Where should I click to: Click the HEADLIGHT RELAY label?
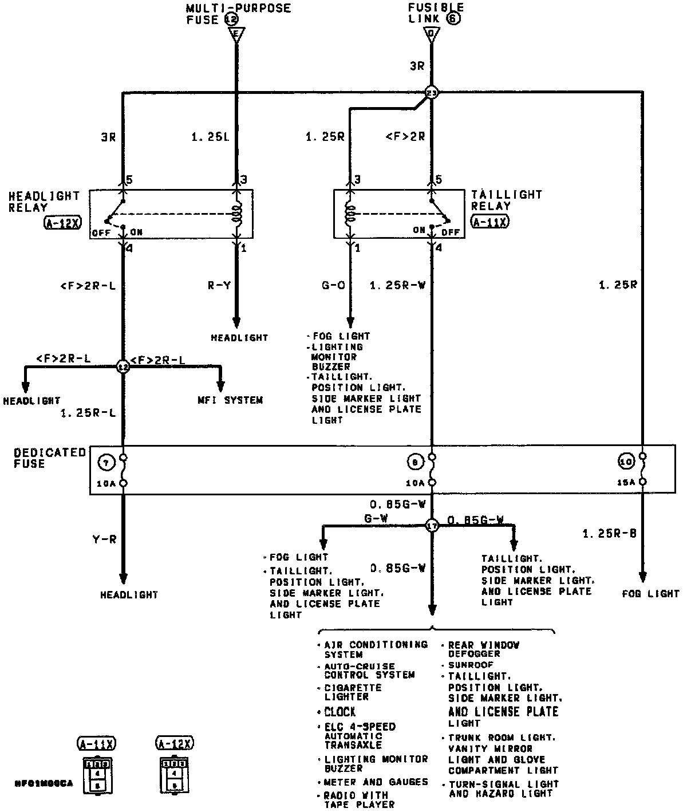click(x=44, y=202)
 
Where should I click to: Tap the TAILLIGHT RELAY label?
click(x=506, y=200)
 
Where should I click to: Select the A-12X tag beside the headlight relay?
click(x=62, y=223)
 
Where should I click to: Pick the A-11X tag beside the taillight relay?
click(x=490, y=222)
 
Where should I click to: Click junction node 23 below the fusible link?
click(x=432, y=93)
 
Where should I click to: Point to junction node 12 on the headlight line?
click(x=123, y=366)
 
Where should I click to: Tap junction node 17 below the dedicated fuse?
click(x=432, y=526)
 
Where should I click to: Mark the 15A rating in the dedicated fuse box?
click(x=626, y=483)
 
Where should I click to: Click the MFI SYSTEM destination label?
click(x=230, y=400)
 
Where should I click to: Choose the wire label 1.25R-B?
click(x=609, y=534)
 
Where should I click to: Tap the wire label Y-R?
click(x=105, y=539)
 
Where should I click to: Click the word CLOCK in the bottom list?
click(x=340, y=712)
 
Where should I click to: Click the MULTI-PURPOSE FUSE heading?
click(x=238, y=14)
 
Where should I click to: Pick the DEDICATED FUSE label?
click(x=50, y=458)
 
